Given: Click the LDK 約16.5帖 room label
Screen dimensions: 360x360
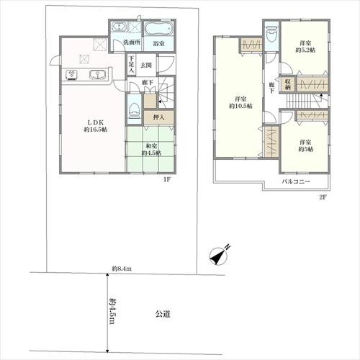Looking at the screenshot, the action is click(96, 126).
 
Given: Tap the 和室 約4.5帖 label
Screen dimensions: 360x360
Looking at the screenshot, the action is click(151, 149).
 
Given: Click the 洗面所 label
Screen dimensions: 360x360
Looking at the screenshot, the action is click(132, 42).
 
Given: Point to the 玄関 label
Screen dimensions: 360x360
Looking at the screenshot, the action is click(146, 65).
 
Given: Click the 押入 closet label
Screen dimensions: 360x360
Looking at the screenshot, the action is click(158, 117).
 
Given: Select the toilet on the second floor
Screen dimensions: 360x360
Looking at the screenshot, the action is click(272, 34).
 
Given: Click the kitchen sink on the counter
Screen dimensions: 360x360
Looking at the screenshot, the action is click(97, 75).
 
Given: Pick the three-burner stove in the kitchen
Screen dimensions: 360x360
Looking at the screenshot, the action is click(71, 75).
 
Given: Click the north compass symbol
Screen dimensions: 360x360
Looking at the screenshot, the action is click(220, 256).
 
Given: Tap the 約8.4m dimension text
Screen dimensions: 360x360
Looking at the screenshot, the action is click(122, 269).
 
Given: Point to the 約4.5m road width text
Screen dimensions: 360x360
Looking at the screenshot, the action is click(112, 311).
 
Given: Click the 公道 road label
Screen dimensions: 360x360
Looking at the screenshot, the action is click(163, 314).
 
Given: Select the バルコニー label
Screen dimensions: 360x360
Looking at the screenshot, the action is click(296, 181).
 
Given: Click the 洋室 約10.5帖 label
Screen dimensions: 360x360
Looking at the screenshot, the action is click(240, 102).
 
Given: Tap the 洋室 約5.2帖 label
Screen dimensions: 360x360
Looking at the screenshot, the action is click(305, 47).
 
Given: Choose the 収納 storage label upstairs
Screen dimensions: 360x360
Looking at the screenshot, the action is click(288, 84).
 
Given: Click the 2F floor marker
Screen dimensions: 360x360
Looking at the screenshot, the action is click(323, 197).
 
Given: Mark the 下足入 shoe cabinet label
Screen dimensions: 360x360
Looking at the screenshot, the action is click(131, 65).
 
